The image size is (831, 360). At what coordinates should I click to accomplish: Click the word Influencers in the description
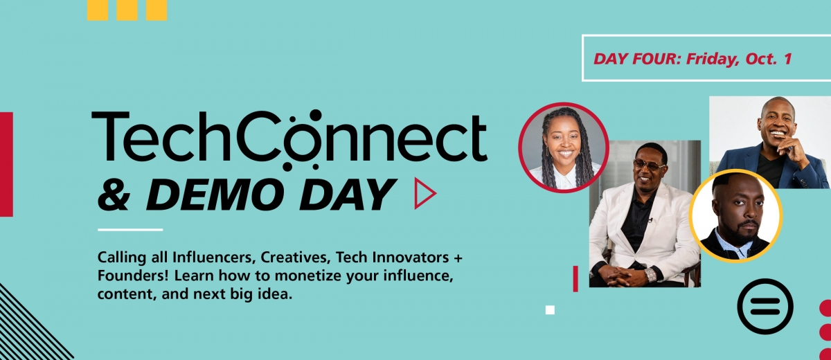tap(214, 258)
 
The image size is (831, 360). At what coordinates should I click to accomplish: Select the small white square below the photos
tap(550, 310)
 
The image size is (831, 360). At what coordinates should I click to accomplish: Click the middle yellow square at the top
tap(127, 10)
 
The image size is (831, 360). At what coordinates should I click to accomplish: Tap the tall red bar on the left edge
tap(6, 164)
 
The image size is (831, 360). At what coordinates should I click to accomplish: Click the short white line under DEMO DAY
tap(130, 230)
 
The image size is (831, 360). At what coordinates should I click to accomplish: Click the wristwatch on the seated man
tap(650, 275)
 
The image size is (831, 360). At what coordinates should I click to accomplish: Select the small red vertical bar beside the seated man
tap(575, 279)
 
